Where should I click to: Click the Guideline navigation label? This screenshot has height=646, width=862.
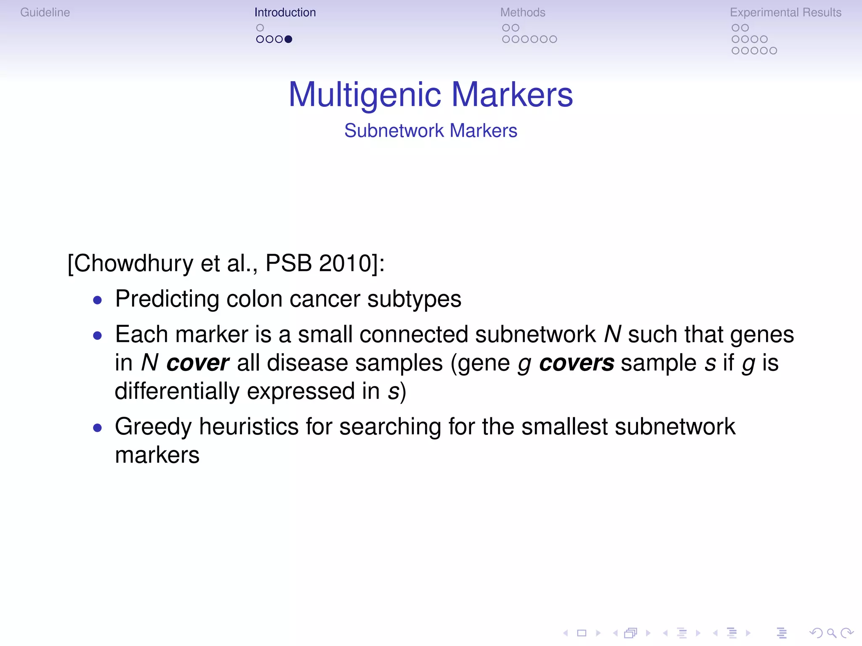point(45,13)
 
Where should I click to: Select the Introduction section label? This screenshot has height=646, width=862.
point(285,13)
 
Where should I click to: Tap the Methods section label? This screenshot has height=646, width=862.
point(522,13)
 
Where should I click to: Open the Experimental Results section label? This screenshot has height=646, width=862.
point(785,13)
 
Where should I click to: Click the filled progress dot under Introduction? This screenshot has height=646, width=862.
point(288,39)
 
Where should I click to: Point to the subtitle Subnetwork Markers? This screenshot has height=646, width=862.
point(431,131)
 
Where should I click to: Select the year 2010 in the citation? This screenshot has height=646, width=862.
point(345,264)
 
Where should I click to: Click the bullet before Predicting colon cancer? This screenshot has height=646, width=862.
point(98,300)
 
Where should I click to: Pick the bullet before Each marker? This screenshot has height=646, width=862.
point(98,336)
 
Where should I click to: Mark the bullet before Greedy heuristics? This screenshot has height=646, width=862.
point(98,428)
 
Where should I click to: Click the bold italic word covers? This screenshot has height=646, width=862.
point(576,363)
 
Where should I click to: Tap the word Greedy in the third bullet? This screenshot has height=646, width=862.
point(153,427)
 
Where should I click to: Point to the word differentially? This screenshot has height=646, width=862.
point(177,392)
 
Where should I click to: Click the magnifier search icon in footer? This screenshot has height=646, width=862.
point(831,633)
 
